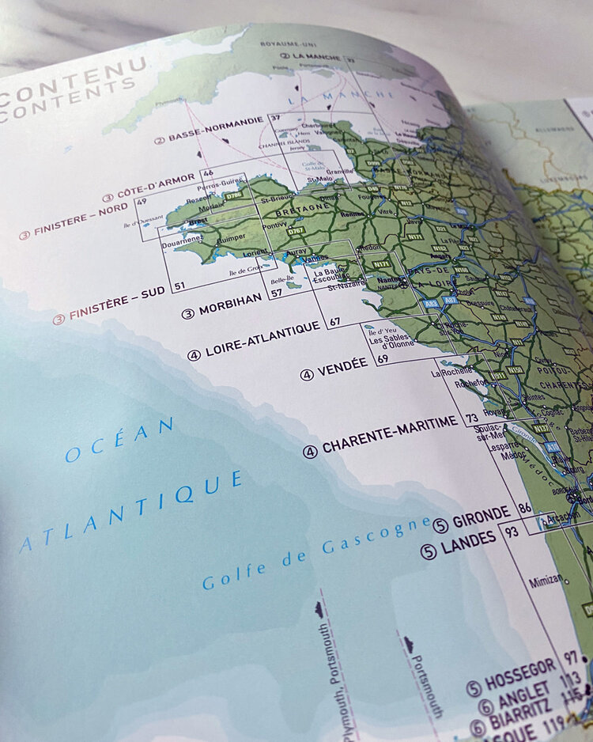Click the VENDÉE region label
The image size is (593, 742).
click(342, 366)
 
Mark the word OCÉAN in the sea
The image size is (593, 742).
click(119, 441)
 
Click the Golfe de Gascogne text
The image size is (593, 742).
click(316, 554)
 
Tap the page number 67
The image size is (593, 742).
click(335, 321)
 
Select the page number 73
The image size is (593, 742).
click(474, 417)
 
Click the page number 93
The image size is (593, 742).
click(512, 532)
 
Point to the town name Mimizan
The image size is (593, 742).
click(546, 580)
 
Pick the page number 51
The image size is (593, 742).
click(179, 286)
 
